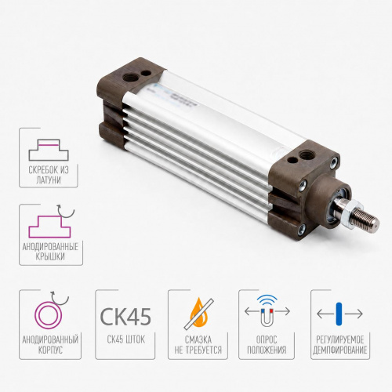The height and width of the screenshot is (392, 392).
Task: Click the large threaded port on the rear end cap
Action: [129, 77]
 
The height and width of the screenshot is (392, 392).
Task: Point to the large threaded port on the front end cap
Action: [305, 154]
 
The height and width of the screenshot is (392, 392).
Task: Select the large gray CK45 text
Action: [125, 316]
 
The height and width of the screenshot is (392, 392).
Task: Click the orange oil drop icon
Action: [199, 312]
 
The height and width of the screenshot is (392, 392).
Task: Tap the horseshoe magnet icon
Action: [267, 318]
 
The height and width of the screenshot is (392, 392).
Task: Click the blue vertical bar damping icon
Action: [339, 314]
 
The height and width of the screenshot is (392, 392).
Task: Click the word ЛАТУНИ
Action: [49, 180]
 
